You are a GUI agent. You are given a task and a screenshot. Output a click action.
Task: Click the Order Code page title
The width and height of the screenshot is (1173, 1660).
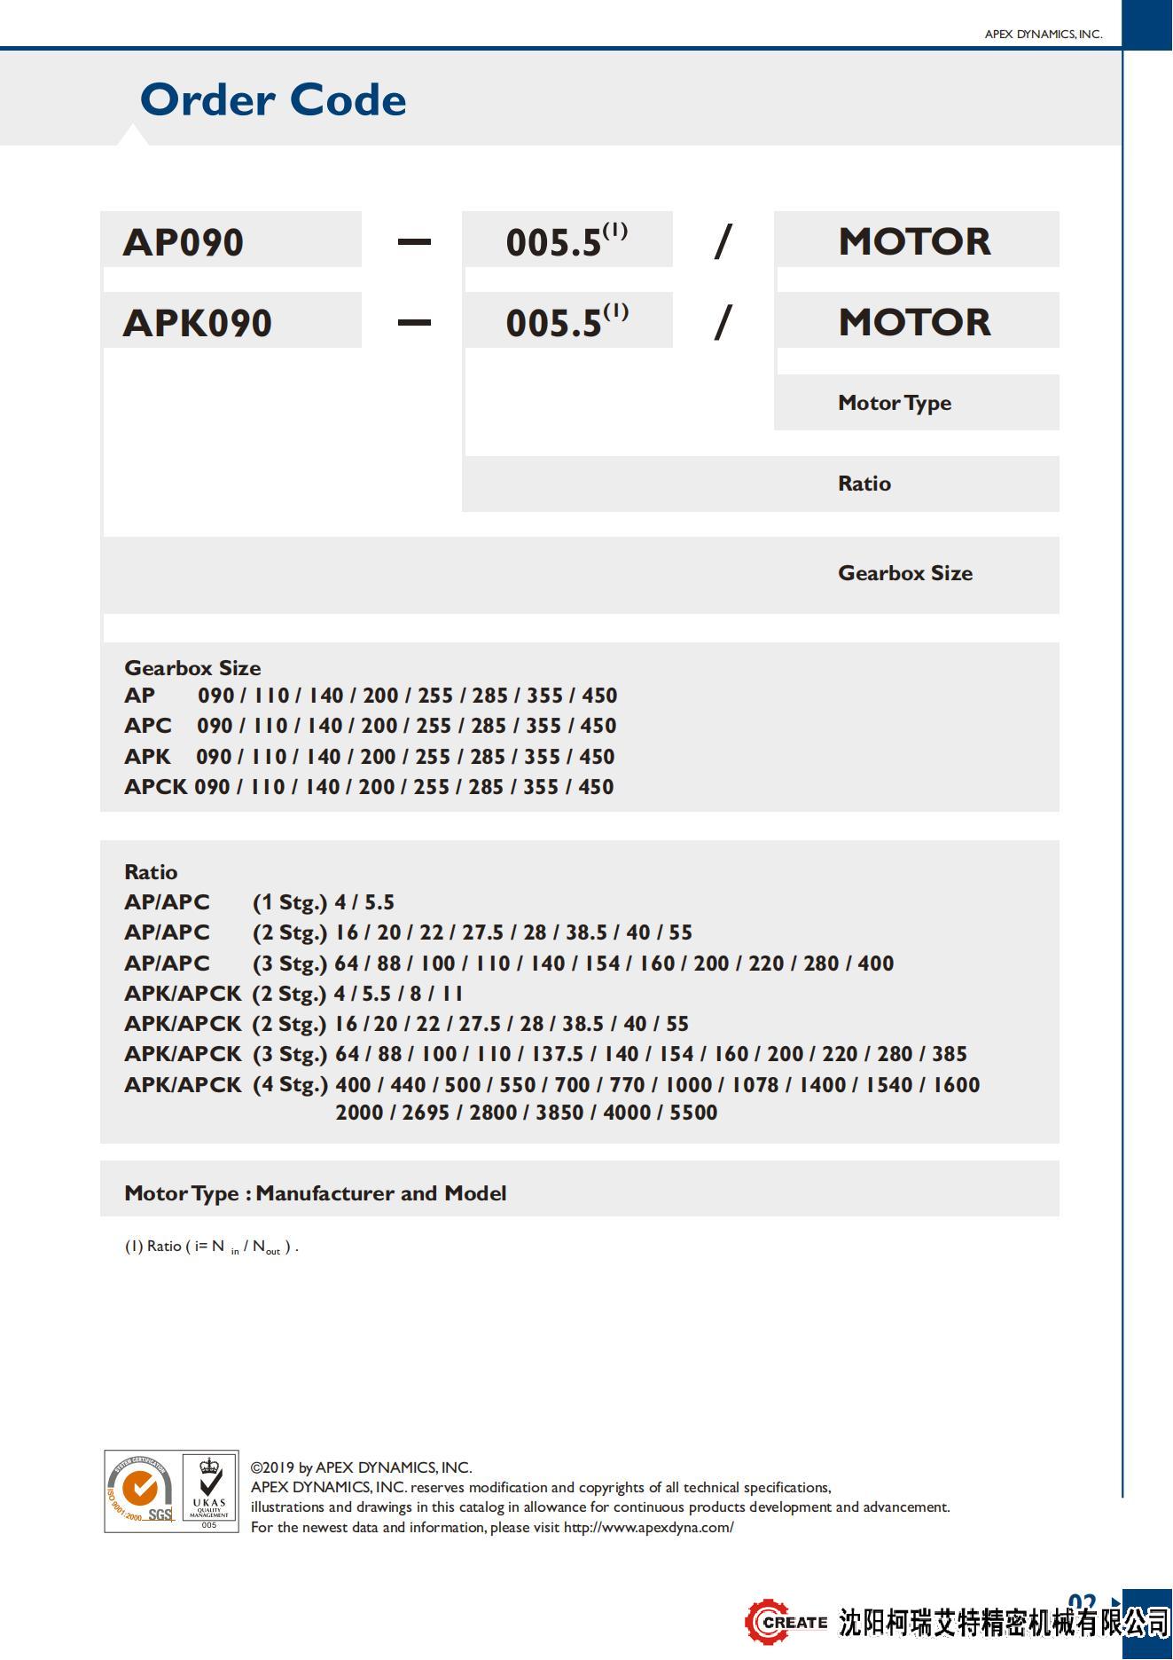point(273,99)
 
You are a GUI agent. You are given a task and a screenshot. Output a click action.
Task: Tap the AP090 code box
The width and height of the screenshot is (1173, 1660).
point(231,240)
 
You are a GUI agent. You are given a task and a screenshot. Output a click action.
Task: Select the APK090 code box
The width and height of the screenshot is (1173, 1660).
point(231,321)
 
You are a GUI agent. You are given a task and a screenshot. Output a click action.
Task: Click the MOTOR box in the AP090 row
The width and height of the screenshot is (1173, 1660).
point(915,240)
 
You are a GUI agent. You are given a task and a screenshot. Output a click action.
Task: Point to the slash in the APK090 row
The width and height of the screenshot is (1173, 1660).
point(723,321)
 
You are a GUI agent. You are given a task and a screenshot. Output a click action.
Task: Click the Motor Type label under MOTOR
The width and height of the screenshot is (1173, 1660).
point(894,403)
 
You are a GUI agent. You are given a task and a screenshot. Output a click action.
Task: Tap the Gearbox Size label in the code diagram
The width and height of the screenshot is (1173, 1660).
point(904,573)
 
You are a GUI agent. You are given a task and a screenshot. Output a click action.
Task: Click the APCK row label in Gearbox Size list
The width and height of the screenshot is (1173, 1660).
point(155,787)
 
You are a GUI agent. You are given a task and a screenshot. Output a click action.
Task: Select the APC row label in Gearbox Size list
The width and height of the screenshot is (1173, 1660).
point(147,726)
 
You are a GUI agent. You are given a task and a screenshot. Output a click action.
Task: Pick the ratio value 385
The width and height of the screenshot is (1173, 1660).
point(949,1054)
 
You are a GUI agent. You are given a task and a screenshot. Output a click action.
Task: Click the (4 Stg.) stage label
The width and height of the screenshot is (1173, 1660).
point(289,1085)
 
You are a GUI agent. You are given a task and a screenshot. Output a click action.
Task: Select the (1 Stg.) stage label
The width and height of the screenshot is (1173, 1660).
point(289,902)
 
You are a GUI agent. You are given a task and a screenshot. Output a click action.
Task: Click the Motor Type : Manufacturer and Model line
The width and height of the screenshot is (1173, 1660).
point(315,1193)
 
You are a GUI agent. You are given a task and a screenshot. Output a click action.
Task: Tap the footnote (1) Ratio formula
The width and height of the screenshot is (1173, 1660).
point(211,1247)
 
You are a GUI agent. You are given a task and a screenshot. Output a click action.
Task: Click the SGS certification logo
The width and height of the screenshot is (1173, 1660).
point(141,1491)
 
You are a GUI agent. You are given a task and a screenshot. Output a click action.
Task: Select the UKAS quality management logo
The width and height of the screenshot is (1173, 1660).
point(209,1491)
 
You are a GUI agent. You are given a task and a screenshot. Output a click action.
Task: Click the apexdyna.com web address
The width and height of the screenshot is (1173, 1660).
point(648,1528)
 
